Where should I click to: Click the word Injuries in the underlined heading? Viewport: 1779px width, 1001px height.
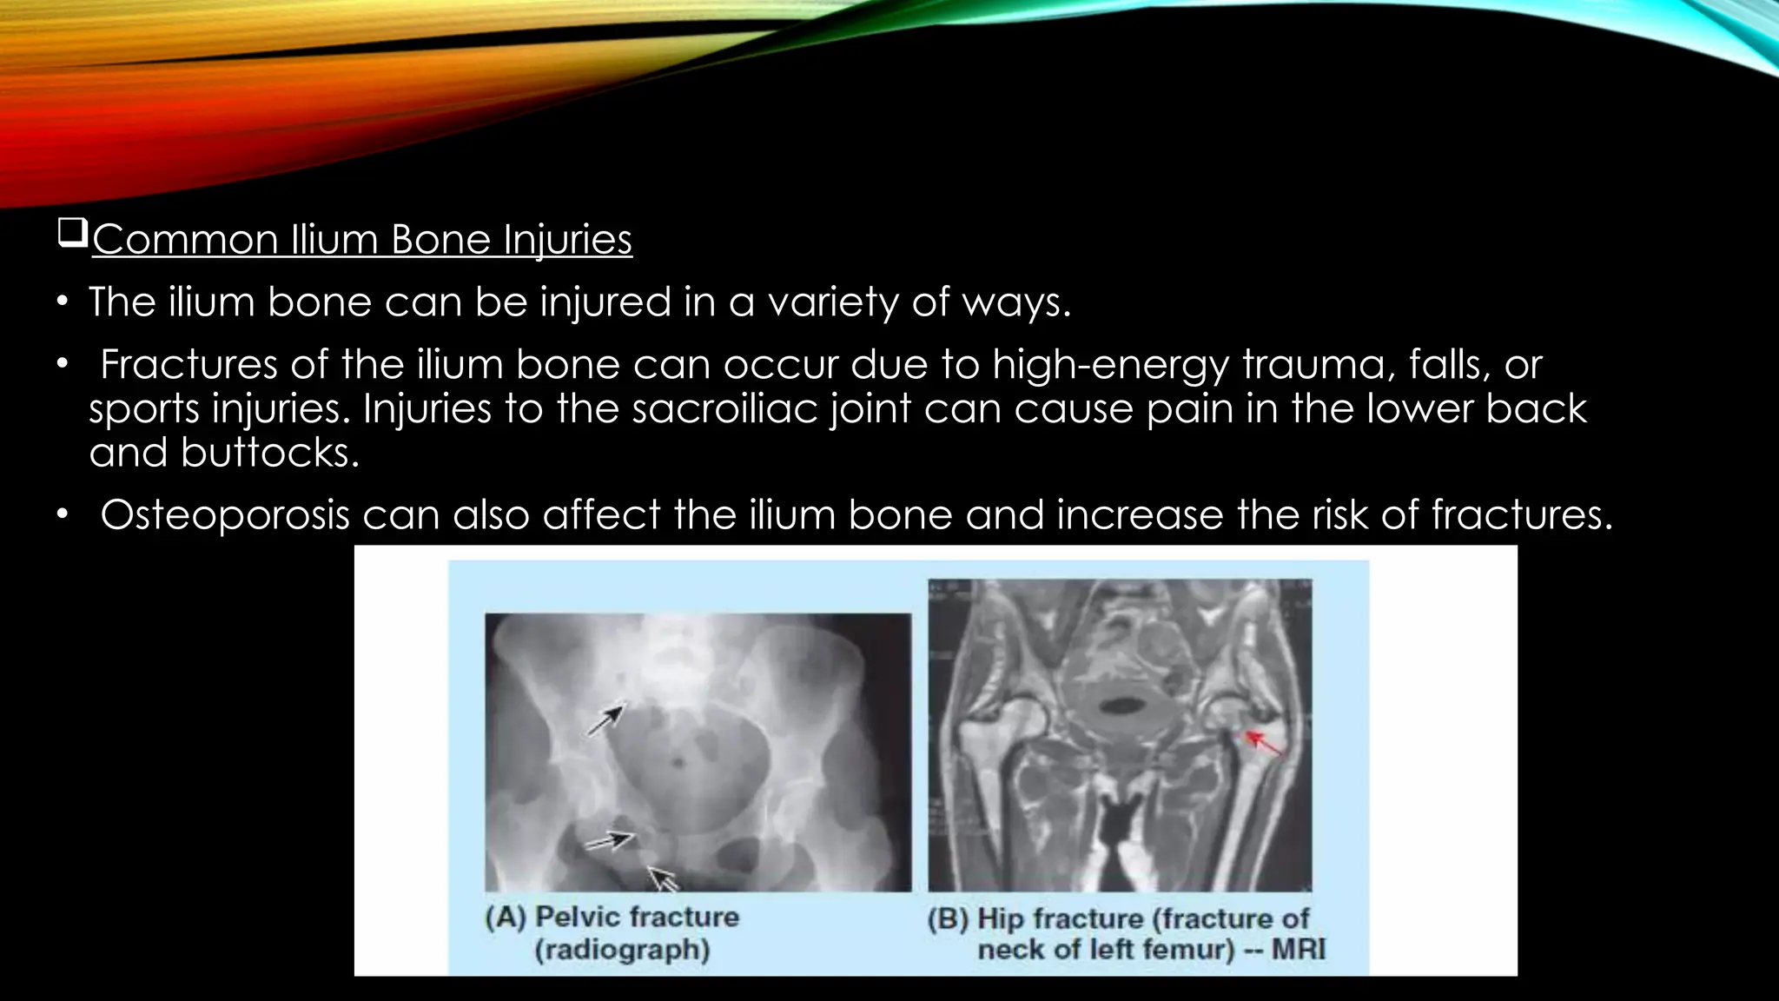click(568, 240)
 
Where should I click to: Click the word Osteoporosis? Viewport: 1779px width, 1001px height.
click(225, 514)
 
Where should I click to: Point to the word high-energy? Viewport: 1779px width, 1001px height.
click(1111, 364)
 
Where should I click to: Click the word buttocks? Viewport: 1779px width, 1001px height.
click(269, 452)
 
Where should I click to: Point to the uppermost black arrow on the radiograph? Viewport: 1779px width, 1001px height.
click(607, 720)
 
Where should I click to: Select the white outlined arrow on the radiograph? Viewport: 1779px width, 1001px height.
click(663, 878)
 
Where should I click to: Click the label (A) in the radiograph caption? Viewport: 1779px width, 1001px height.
click(506, 918)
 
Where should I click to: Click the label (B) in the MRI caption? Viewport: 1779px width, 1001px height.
click(948, 919)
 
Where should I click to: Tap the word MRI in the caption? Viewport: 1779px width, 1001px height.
click(1299, 950)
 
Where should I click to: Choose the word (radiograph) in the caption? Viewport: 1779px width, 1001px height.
click(622, 950)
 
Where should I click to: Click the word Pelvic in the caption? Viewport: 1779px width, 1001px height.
click(576, 918)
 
